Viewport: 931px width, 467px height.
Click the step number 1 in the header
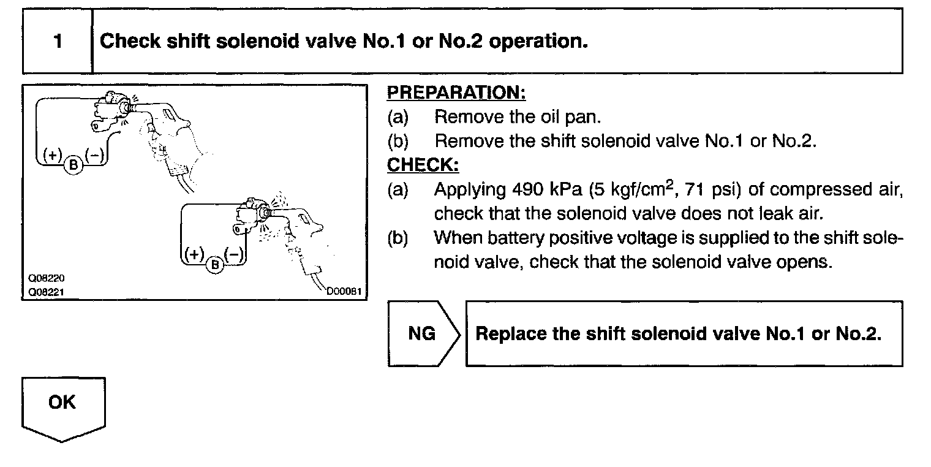[x=58, y=42]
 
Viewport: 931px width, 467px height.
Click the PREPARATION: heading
[x=456, y=93]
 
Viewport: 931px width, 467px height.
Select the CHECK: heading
[x=423, y=165]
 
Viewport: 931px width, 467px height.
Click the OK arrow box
[x=63, y=408]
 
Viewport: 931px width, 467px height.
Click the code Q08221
[x=41, y=292]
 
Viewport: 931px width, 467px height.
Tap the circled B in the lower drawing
[x=215, y=264]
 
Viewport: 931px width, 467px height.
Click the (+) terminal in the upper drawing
[x=53, y=155]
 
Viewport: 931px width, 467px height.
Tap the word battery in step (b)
[x=511, y=238]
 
